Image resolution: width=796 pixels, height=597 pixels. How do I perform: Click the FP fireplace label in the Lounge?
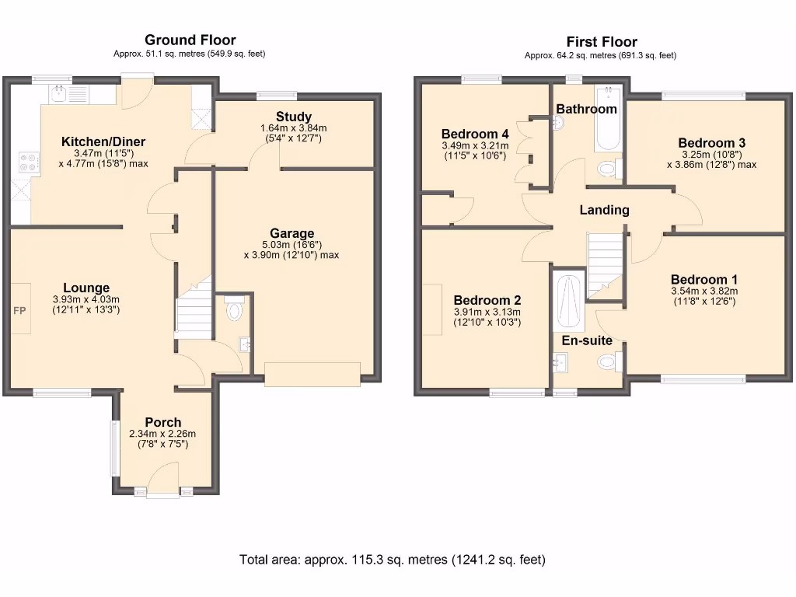point(19,311)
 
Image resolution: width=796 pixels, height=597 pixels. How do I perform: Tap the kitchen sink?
point(69,93)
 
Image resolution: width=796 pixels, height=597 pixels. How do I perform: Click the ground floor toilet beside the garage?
point(234,307)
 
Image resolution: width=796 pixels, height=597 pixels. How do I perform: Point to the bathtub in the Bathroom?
point(608,119)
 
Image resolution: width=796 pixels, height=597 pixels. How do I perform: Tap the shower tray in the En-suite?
point(571,302)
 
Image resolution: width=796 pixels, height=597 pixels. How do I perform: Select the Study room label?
point(293,117)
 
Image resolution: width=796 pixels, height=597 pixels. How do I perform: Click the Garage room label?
point(292,233)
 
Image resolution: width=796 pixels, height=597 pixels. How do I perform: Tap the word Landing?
point(604,210)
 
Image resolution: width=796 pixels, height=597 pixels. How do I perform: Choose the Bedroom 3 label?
point(712,143)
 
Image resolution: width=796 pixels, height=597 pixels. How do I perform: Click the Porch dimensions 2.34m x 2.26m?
point(162,434)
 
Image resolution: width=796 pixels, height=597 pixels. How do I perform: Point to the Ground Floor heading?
point(190,40)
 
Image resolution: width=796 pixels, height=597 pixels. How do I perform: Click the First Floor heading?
point(602,42)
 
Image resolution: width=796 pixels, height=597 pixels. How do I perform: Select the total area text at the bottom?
point(393,560)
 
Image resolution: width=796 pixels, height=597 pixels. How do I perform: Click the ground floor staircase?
point(194,308)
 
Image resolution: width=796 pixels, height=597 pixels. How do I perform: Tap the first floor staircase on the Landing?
point(605,266)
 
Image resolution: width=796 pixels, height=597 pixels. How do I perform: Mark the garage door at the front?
point(312,375)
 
